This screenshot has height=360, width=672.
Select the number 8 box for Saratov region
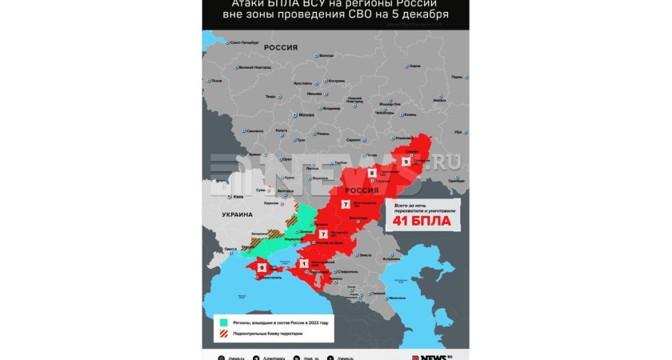coord(372,174)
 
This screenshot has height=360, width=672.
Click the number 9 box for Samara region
coord(406,162)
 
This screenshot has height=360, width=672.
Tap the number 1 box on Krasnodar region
coord(303,263)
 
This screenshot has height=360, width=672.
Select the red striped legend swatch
coord(213,334)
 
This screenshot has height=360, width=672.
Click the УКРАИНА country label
coord(237,215)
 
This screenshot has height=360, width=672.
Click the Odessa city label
coord(230,249)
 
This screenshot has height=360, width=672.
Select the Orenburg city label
coord(456,180)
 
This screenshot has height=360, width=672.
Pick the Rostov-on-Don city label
coord(327,242)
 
